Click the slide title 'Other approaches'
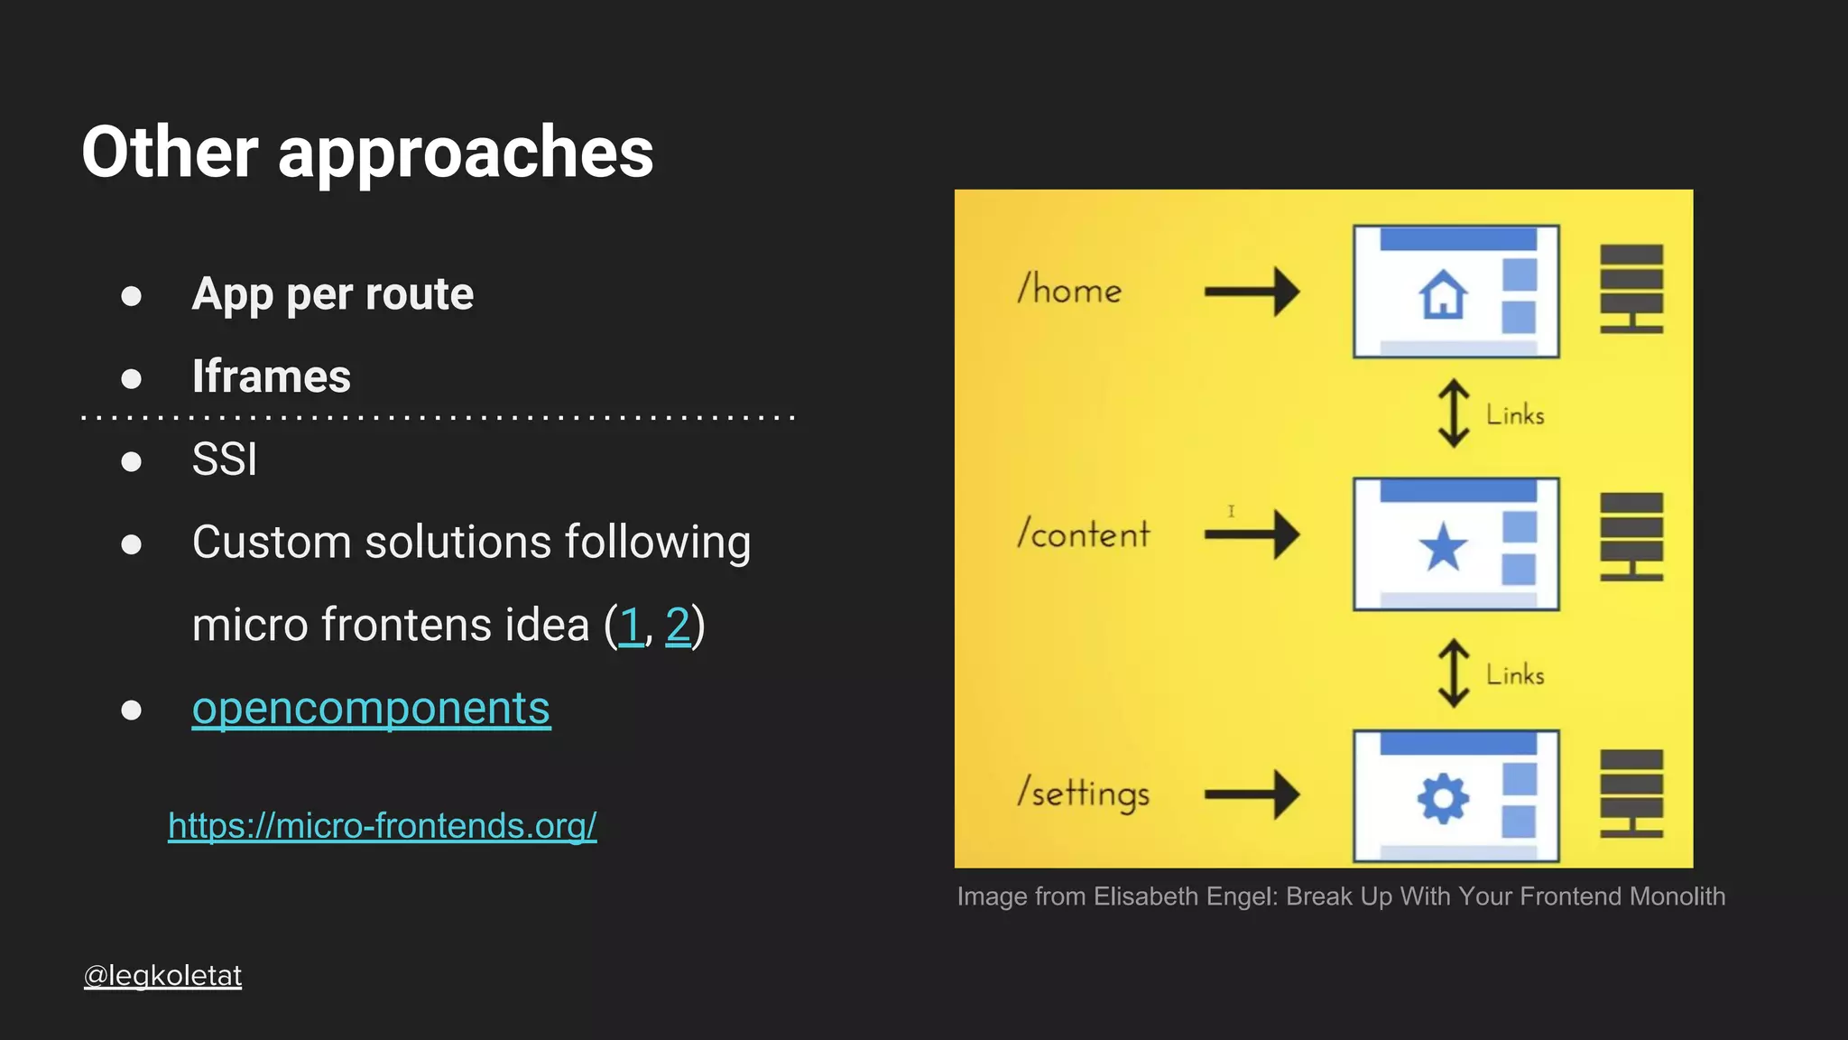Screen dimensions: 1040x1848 coord(367,152)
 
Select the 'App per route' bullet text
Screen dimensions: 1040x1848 coord(332,294)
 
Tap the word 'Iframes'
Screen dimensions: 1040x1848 coord(271,376)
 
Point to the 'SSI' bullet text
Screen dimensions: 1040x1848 coord(225,460)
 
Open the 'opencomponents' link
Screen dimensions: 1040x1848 coord(371,708)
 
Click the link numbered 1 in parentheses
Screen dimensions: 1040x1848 coord(631,625)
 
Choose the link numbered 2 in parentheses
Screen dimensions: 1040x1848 coord(678,625)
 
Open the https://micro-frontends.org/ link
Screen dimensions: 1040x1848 coord(382,825)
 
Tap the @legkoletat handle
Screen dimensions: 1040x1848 coord(162,975)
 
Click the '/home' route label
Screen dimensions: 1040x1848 coord(1069,290)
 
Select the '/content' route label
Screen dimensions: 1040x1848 coord(1083,534)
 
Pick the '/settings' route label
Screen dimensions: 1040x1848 coord(1083,794)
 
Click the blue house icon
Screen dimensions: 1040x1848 coord(1443,294)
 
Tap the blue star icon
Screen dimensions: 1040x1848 coord(1443,547)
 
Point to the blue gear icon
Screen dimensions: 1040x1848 coord(1443,798)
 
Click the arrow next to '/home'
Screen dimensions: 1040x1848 coord(1252,291)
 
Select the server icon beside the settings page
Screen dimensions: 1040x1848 coord(1631,793)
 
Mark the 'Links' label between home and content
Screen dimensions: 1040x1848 coord(1515,415)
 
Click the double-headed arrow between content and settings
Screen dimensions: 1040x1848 coord(1453,673)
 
